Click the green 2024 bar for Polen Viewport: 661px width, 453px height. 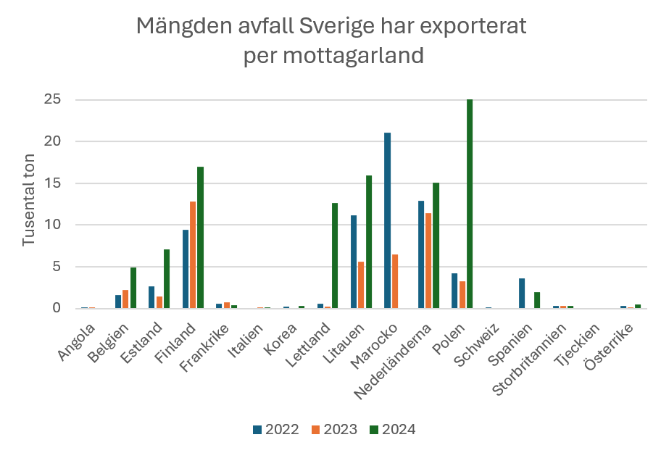coord(470,204)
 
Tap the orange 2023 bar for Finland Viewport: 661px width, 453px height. coord(193,254)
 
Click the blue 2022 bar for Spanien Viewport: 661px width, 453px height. coord(522,293)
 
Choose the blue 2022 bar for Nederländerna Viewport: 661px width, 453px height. coord(421,254)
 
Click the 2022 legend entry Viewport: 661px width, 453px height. coord(275,429)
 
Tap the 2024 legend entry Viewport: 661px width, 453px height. coord(392,429)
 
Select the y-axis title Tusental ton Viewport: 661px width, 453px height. coord(29,204)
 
